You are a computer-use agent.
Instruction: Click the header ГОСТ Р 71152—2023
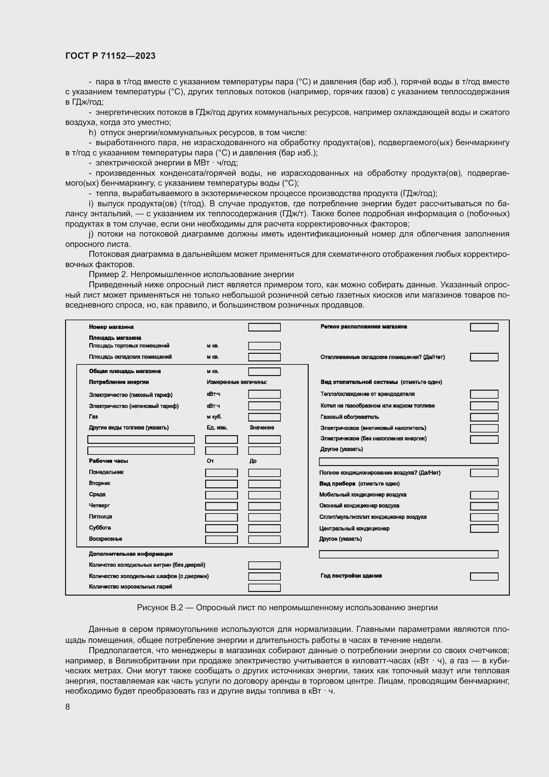tap(110, 56)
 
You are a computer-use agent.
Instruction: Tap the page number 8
tap(68, 707)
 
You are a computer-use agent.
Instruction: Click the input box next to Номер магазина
tap(264, 327)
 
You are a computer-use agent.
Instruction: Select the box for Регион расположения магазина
tap(484, 327)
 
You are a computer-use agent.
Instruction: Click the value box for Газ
tap(264, 417)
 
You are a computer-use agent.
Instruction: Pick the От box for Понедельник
tap(221, 473)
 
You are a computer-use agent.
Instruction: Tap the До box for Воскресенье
tap(264, 539)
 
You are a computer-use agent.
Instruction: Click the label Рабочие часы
tap(108, 461)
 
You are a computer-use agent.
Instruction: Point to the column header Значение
tap(262, 428)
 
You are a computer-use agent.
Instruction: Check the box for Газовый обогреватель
tap(484, 417)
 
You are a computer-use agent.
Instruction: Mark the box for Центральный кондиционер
tap(484, 529)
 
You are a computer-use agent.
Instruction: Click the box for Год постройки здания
tap(484, 576)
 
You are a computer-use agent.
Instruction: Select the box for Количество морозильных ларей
tap(264, 588)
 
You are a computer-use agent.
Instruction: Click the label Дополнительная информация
tap(130, 554)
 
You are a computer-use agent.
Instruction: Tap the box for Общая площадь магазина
tap(264, 372)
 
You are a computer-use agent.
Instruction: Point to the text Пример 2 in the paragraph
tap(108, 274)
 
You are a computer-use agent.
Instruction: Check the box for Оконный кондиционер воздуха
tap(484, 506)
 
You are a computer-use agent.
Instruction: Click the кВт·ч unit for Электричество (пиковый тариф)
tap(213, 394)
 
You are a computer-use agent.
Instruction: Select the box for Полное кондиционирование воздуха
tap(484, 473)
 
